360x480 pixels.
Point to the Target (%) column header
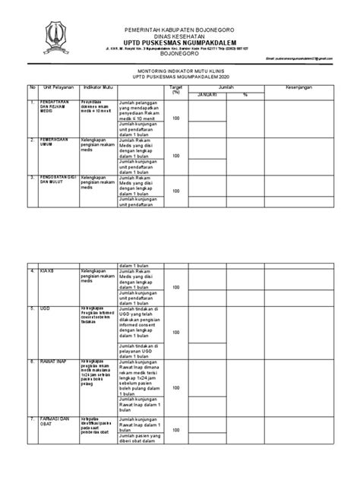(x=176, y=90)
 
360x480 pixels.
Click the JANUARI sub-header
(x=207, y=95)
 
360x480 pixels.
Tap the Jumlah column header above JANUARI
(x=226, y=87)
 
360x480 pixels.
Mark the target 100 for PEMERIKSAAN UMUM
(x=176, y=155)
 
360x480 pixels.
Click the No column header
(x=33, y=87)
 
